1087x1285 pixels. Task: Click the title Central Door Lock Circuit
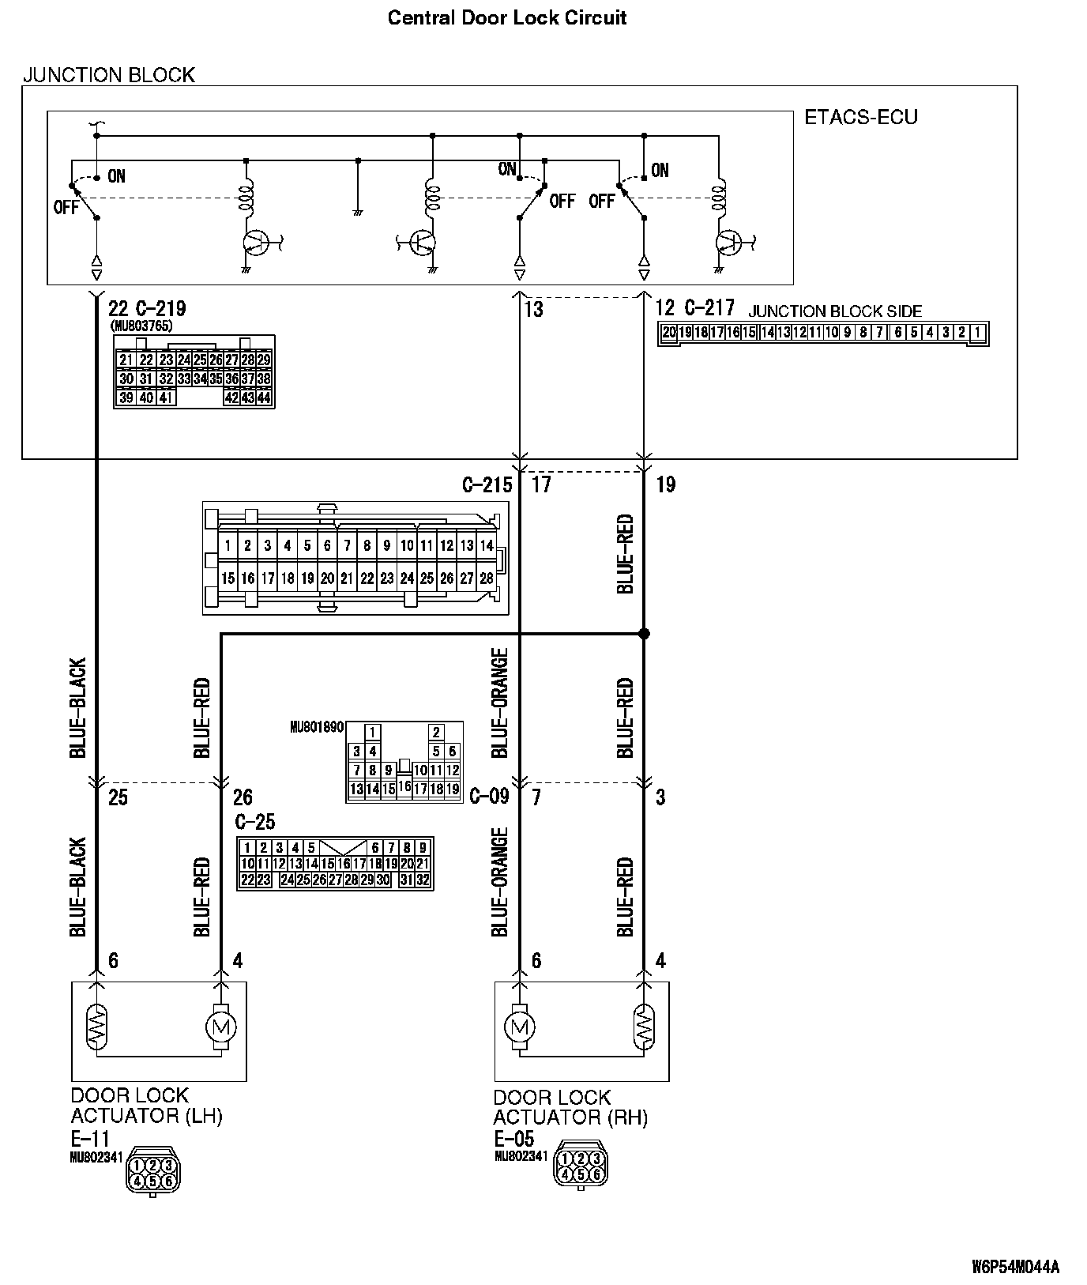(506, 18)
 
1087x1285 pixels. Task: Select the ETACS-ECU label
(860, 118)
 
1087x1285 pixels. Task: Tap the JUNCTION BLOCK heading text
(109, 75)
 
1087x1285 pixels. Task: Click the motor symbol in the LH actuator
(220, 1027)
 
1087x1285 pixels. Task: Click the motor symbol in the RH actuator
(519, 1027)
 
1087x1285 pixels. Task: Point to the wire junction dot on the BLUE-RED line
(644, 634)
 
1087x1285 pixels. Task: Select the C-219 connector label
(159, 308)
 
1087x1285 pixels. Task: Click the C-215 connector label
(487, 484)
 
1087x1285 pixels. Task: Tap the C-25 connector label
(254, 822)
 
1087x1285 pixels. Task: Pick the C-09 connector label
(489, 796)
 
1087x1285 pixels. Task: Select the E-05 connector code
(513, 1139)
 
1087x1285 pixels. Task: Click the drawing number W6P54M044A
(1015, 1268)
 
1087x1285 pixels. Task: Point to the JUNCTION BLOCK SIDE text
(835, 311)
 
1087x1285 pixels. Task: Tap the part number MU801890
(317, 727)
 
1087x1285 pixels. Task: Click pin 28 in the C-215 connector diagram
(487, 578)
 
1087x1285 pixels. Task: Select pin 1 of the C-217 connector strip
(978, 333)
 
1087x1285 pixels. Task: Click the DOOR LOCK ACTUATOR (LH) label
(146, 1106)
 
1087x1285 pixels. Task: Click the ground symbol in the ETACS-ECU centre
(358, 212)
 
